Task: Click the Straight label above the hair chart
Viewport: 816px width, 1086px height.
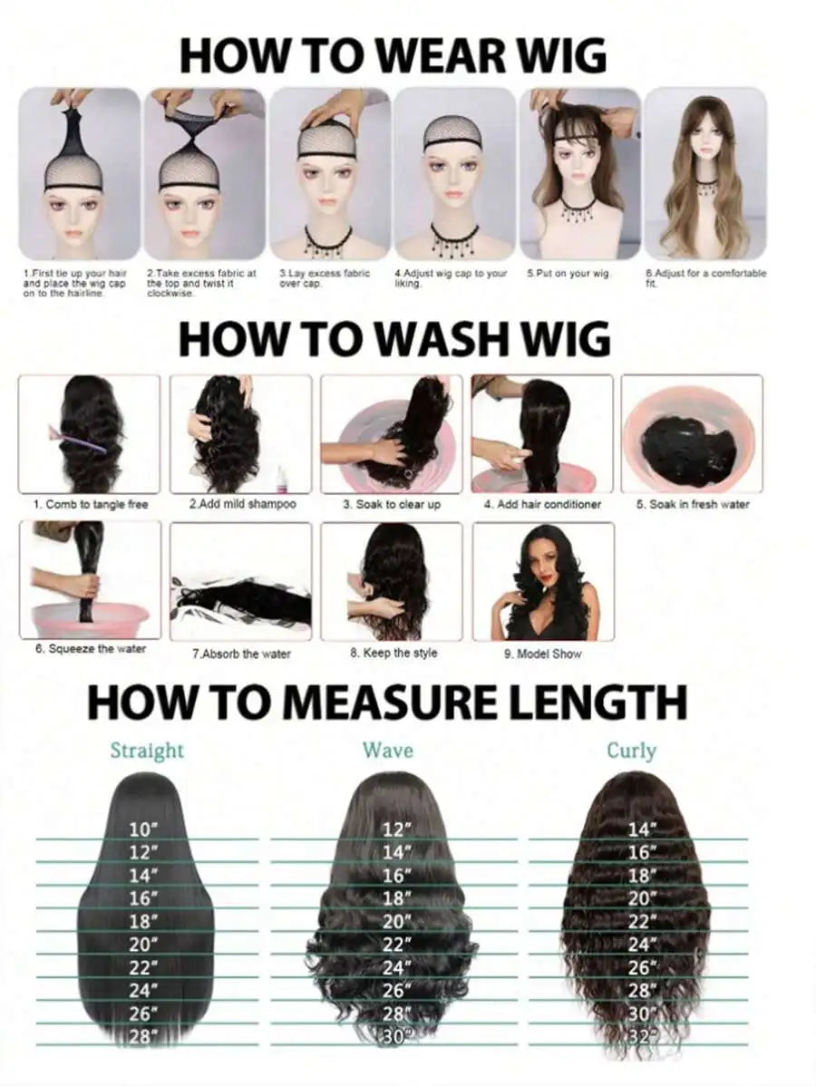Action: tap(147, 751)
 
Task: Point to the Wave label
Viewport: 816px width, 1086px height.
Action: tap(388, 750)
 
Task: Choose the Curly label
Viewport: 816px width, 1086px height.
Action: tap(631, 751)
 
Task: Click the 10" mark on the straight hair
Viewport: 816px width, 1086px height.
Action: tap(143, 829)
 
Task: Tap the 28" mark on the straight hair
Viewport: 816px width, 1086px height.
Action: tap(143, 1036)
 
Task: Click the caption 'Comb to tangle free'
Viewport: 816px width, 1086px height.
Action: tap(91, 504)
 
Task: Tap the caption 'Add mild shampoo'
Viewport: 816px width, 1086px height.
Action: tap(242, 504)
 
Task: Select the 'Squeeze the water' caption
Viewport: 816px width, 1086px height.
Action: tap(90, 649)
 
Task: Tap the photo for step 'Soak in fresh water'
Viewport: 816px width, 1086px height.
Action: tap(692, 434)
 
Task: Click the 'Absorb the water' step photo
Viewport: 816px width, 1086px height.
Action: tap(241, 581)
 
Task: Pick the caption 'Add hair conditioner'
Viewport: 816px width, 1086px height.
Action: tap(542, 504)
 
